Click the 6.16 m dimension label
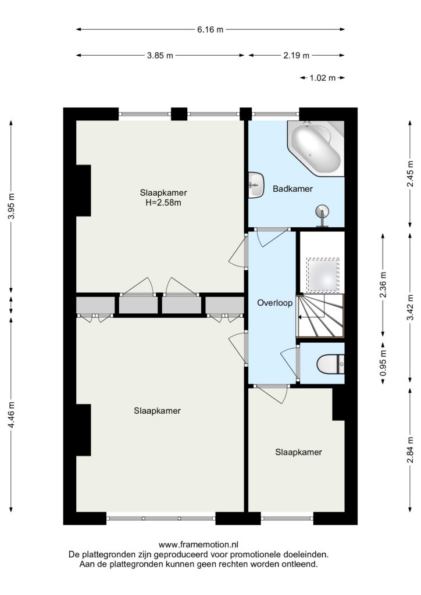coord(210,29)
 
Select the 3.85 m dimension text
coord(160,55)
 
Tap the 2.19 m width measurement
coord(296,55)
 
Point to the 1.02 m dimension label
coord(322,78)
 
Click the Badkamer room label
coord(292,189)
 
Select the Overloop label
coord(275,303)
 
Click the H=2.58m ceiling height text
coord(163,203)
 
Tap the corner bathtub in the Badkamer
coord(316,148)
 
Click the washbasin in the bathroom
coord(256,185)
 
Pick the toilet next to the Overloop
coord(330,364)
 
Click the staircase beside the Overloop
coord(320,316)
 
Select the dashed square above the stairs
coord(322,275)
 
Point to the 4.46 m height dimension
coord(12,415)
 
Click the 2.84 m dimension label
coord(410,450)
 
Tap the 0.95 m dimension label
coord(383,363)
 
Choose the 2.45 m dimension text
coord(410,174)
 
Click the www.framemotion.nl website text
coord(198,545)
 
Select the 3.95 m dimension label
coord(12,206)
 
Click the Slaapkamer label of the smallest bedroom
coord(298,452)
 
